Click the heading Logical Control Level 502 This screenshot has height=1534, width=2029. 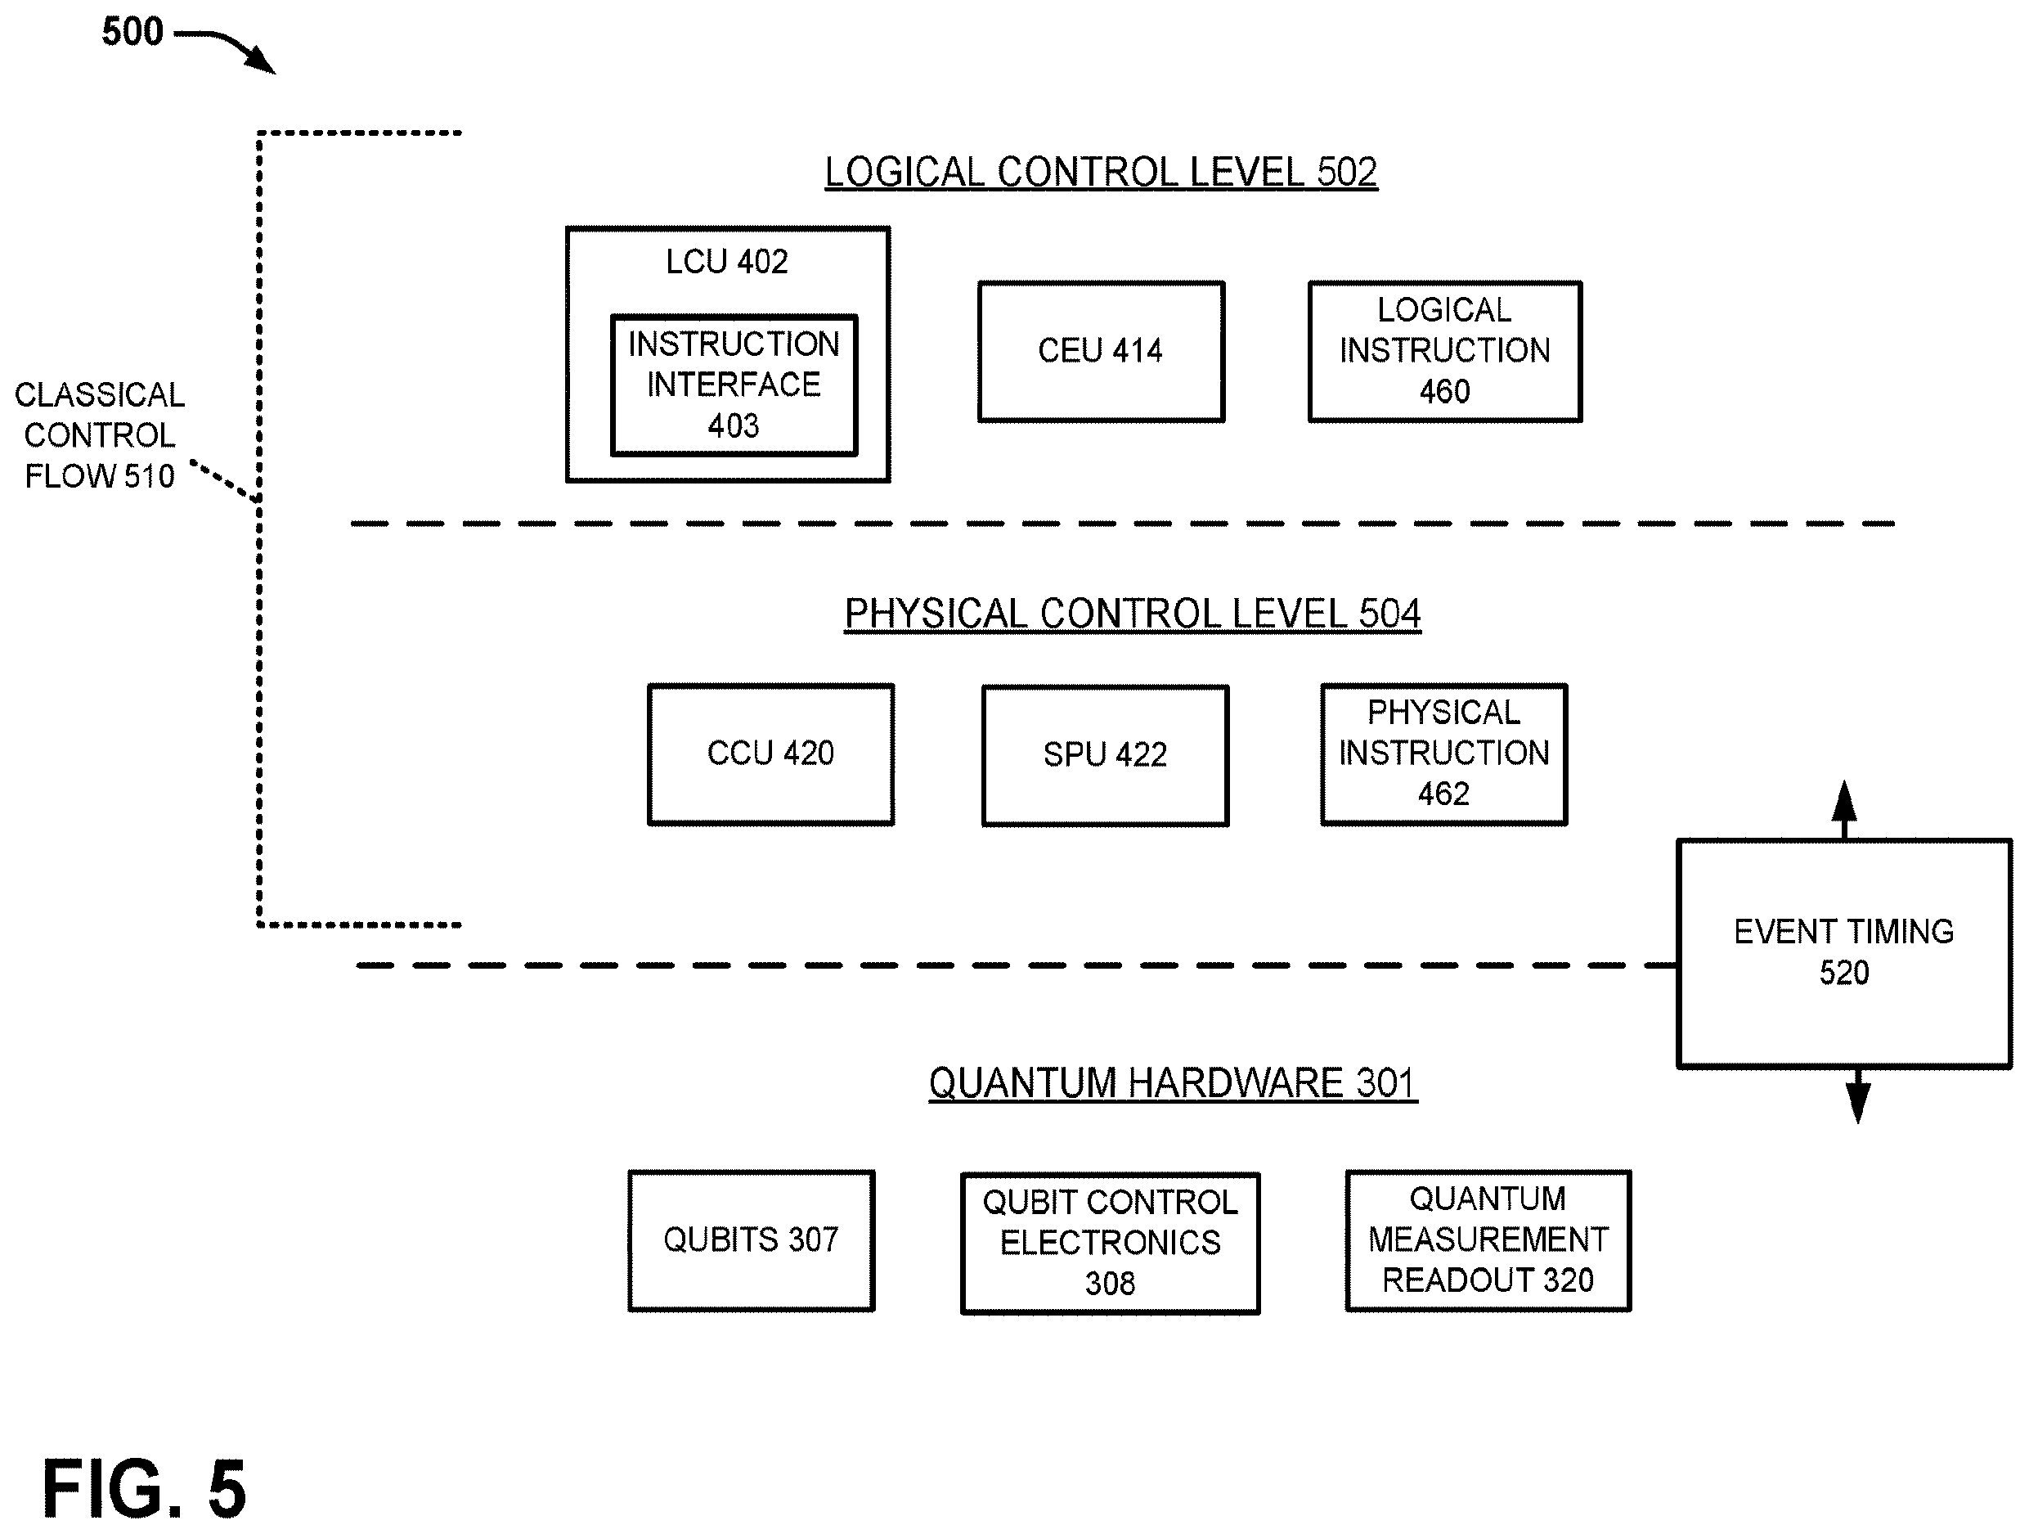[x=1101, y=173]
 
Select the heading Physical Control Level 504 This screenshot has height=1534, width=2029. [x=1133, y=614]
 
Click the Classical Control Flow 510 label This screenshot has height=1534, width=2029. [x=99, y=436]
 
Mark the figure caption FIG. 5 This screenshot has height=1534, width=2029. [x=144, y=1488]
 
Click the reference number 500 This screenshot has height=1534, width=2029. [x=132, y=32]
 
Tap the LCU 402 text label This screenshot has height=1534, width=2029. [x=726, y=263]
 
